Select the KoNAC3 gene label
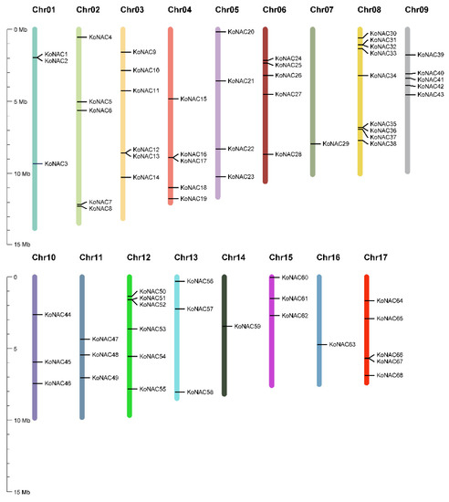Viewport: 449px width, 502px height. point(56,164)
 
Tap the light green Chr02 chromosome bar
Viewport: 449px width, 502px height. point(79,128)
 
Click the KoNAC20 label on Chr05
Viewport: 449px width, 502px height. point(241,32)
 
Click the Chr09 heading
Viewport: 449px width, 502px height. point(416,9)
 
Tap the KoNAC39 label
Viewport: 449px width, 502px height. point(431,55)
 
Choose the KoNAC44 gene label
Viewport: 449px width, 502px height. point(57,315)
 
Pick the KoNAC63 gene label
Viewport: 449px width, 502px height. point(342,345)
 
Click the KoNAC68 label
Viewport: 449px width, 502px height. point(390,375)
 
